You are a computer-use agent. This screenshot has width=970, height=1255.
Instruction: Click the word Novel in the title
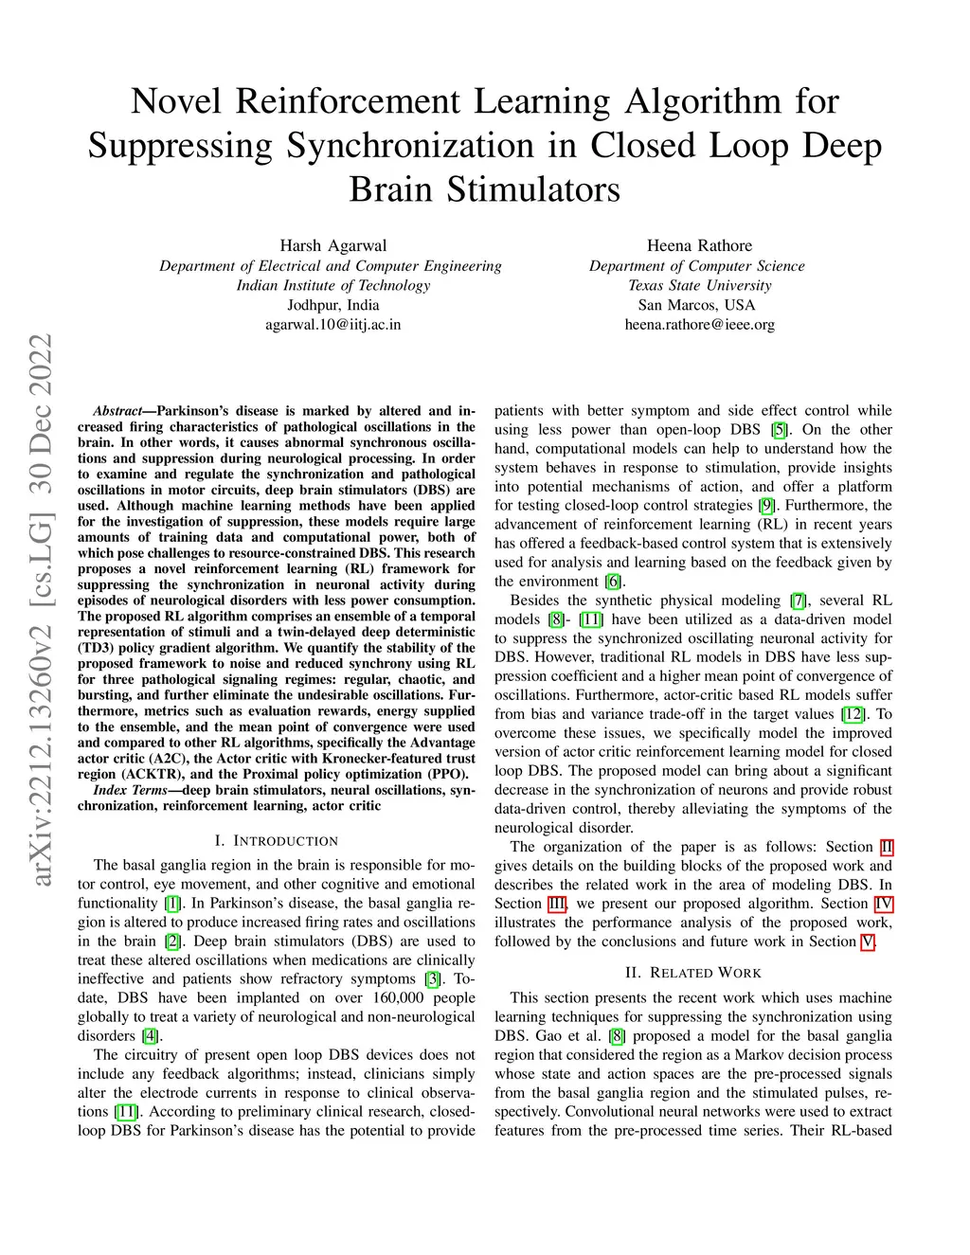[x=176, y=101]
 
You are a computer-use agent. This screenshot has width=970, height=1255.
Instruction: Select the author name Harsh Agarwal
[x=333, y=245]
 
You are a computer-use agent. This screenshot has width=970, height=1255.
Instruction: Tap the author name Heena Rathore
[x=699, y=245]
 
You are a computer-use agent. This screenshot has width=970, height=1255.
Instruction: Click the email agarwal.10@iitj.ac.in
[x=333, y=324]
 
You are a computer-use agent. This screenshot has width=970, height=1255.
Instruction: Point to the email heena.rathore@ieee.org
[x=700, y=324]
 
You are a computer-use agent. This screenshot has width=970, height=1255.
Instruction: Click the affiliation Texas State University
[x=700, y=285]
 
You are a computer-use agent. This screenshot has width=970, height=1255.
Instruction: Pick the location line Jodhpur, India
[x=333, y=305]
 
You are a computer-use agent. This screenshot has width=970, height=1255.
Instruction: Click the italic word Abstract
[x=117, y=411]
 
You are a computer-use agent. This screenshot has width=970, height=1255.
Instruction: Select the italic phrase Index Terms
[x=130, y=790]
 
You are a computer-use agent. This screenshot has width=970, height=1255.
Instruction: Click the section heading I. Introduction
[x=276, y=840]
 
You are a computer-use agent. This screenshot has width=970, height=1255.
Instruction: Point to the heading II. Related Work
[x=692, y=973]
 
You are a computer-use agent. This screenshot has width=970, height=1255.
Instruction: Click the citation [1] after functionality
[x=172, y=903]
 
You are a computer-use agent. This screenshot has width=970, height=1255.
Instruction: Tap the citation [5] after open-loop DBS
[x=780, y=430]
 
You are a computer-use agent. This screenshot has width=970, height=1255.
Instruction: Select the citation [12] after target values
[x=853, y=714]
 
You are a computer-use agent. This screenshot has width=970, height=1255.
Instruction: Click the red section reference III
[x=557, y=904]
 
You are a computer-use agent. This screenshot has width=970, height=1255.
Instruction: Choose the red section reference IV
[x=884, y=904]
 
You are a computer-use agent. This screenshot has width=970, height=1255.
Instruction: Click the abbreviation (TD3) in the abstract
[x=96, y=648]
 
